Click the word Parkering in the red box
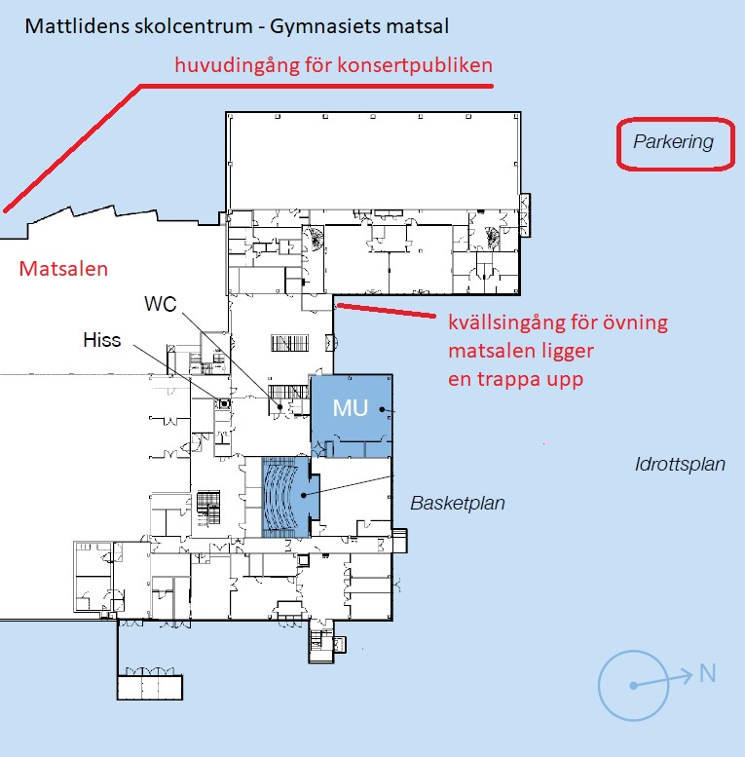[x=673, y=142]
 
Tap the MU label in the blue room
[x=351, y=407]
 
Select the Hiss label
[x=103, y=338]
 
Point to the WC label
[x=161, y=303]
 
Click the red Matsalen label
[x=63, y=269]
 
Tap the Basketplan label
[x=458, y=504]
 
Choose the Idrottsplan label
[x=680, y=464]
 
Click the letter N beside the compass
[x=707, y=671]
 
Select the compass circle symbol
[x=634, y=685]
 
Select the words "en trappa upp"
[x=515, y=379]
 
